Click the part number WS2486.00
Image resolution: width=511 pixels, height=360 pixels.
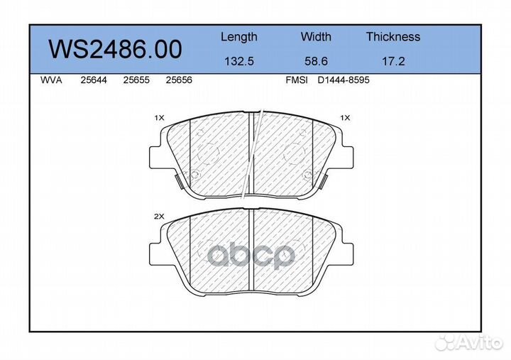click(x=115, y=49)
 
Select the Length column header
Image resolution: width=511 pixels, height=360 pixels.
click(x=239, y=37)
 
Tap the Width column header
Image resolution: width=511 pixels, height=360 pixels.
click(x=316, y=36)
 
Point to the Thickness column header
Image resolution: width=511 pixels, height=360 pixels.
click(x=393, y=36)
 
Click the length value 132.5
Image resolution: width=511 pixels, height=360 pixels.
click(x=239, y=61)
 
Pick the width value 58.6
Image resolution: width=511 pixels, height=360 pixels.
click(x=316, y=61)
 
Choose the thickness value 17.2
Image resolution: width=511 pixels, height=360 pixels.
click(x=393, y=61)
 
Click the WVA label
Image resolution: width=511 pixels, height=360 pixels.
click(x=51, y=80)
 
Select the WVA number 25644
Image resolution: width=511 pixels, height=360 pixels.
click(x=94, y=80)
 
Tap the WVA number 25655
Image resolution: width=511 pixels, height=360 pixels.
click(x=136, y=80)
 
